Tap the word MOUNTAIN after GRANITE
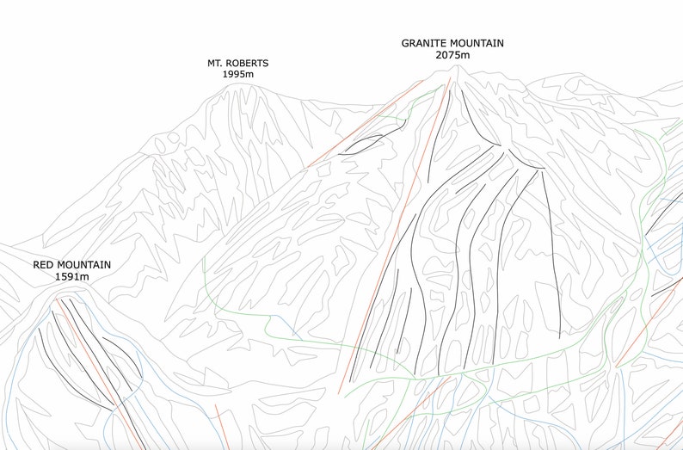[477, 43]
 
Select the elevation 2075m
[452, 55]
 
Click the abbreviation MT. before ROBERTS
[216, 63]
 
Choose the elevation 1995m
[237, 75]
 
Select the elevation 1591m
[71, 277]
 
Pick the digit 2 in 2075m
[440, 55]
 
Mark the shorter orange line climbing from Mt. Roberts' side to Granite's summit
[361, 120]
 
